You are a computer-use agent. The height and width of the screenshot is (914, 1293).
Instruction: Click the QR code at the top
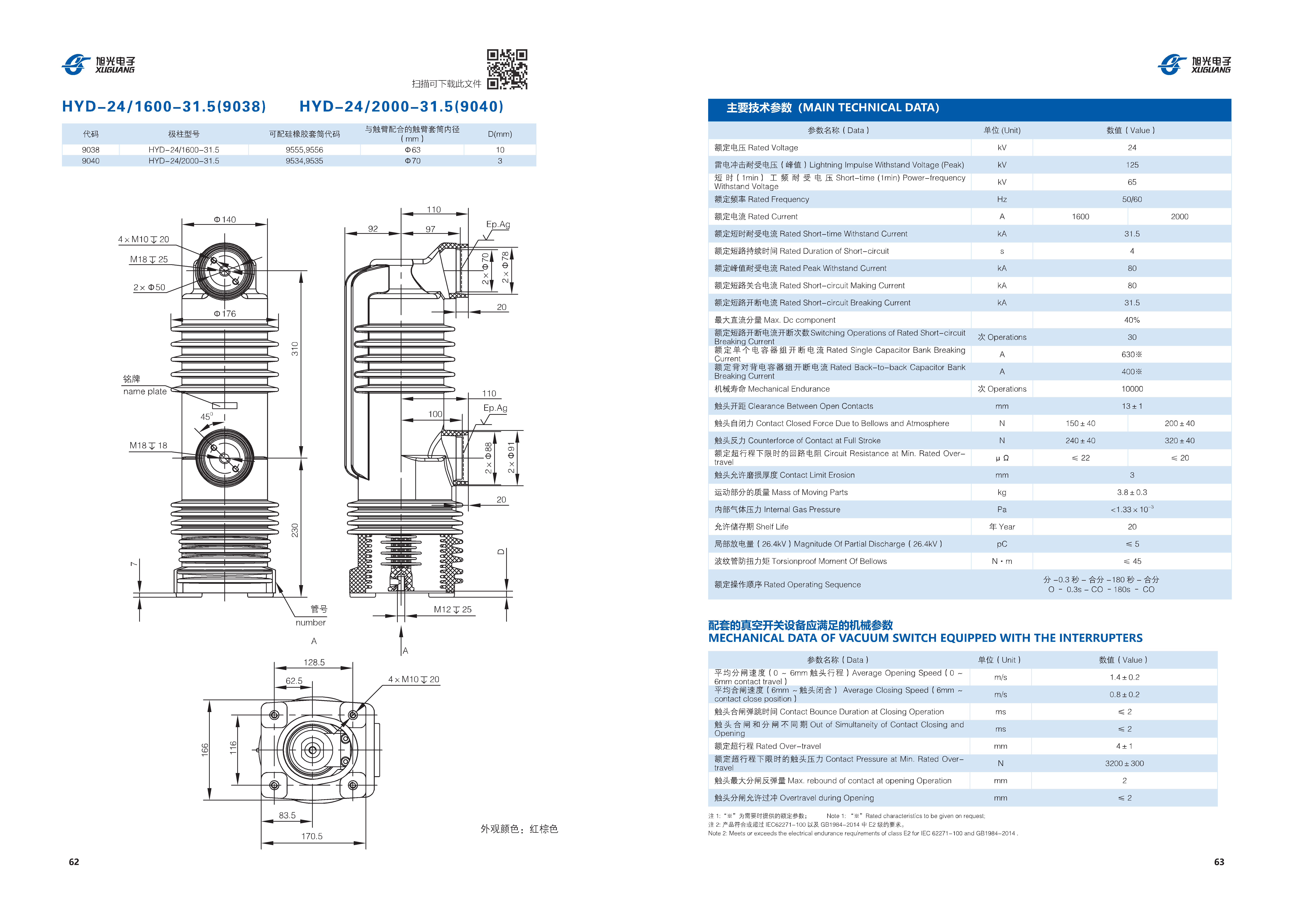507,69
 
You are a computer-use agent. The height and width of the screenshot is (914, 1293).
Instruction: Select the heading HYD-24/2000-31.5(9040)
401,107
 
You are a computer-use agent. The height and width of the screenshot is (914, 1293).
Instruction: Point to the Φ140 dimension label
225,219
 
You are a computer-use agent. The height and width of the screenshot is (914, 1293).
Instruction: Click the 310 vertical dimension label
295,349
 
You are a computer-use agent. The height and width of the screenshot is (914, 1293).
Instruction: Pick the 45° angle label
207,416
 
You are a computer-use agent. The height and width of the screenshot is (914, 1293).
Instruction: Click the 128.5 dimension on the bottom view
314,662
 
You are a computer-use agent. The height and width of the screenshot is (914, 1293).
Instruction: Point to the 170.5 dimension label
312,836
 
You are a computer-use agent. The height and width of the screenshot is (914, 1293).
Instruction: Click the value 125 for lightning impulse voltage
1132,165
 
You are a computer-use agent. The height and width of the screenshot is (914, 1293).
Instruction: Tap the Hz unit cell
1002,199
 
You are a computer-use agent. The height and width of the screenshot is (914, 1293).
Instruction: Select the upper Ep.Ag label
498,224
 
